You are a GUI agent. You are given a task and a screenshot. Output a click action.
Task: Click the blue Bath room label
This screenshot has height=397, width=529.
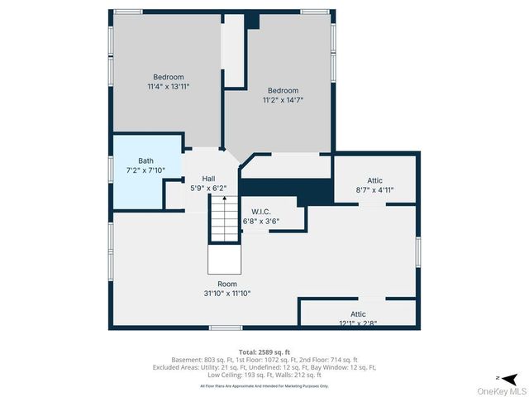point(145,160)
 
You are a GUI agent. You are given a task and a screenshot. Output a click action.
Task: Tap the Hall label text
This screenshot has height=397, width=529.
point(208,179)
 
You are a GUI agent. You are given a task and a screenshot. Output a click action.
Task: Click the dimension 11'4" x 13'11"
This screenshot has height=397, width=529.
point(169,86)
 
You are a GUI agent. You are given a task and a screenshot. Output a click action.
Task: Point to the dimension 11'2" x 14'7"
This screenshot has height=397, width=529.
point(283,100)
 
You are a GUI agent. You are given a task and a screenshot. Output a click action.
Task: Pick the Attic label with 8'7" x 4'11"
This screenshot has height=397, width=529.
point(374,180)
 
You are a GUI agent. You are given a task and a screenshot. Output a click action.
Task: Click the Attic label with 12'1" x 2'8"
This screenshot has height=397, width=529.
point(357,314)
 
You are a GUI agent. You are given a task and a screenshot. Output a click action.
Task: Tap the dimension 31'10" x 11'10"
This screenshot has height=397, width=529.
point(226,293)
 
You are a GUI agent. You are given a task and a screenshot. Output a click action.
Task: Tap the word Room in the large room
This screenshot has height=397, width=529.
point(226,284)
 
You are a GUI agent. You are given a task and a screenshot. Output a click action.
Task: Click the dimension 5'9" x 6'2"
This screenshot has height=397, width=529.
point(208,188)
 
